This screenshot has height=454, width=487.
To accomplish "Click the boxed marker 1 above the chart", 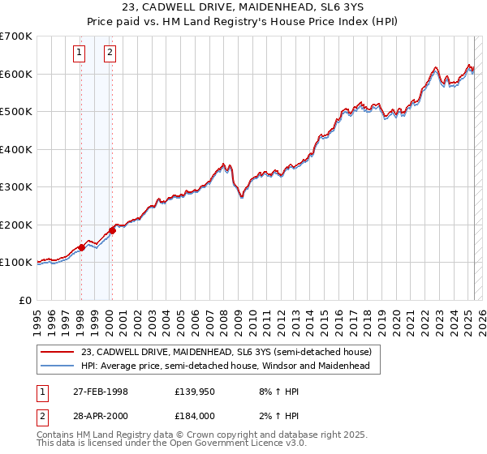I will pos(80,54).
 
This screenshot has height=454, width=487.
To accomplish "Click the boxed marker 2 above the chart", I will pos(110,54).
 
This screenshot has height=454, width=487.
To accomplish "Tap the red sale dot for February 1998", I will pos(82,247).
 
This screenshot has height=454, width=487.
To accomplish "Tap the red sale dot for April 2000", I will pos(113,231).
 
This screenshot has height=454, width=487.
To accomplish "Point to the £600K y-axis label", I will pos(16,74).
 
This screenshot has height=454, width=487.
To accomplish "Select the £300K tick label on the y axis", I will pos(16,187).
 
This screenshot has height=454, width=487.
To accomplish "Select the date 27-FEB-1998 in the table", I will pos(101,392).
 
